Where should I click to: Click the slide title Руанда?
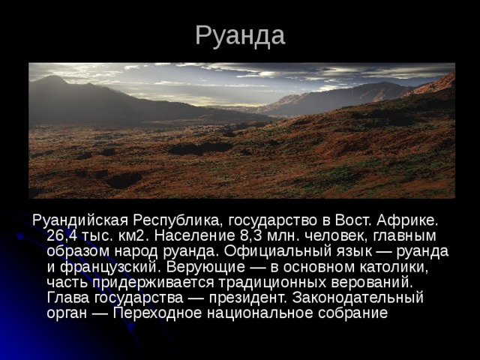pos(240,34)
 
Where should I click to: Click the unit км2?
pos(133,236)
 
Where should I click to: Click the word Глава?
pos(65,298)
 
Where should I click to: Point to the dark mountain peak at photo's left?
pos(52,79)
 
